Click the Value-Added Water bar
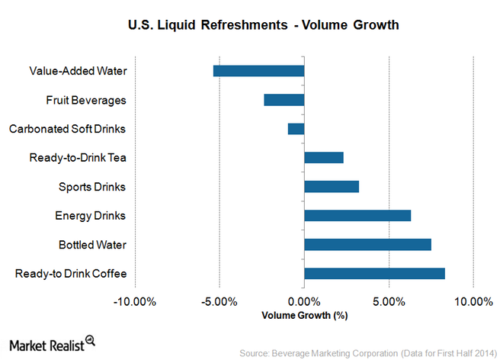pyautogui.click(x=258, y=71)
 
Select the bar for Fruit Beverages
pyautogui.click(x=284, y=100)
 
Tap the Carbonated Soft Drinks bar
pyautogui.click(x=296, y=129)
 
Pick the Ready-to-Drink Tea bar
pyautogui.click(x=324, y=158)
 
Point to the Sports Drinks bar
pyautogui.click(x=332, y=186)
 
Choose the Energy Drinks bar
pyautogui.click(x=357, y=215)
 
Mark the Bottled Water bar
pyautogui.click(x=367, y=244)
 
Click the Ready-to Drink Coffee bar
pyautogui.click(x=374, y=273)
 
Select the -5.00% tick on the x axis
pyautogui.click(x=219, y=301)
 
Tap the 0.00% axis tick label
pyautogui.click(x=304, y=301)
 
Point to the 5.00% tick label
pyautogui.click(x=389, y=301)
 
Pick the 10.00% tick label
pyautogui.click(x=473, y=301)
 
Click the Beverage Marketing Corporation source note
pyautogui.click(x=368, y=353)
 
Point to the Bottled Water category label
pyautogui.click(x=92, y=245)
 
